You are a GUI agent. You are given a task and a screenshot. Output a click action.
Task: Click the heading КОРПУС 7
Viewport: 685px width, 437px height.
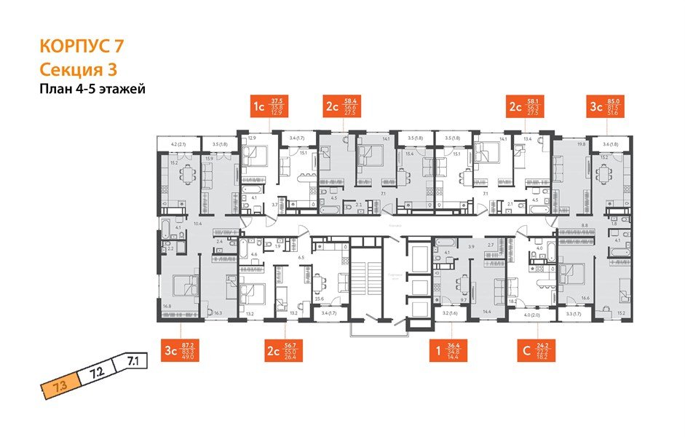pos(81,47)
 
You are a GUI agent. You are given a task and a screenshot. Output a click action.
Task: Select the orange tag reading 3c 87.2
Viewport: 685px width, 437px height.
pos(182,350)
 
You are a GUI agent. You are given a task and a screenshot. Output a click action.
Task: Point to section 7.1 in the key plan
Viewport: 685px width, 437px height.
pos(132,359)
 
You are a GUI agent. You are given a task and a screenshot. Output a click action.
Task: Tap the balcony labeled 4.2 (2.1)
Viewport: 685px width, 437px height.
pos(179,143)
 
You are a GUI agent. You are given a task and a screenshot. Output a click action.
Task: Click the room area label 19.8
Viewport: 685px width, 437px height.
pos(581,144)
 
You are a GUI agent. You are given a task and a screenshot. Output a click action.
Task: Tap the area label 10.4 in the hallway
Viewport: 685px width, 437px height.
pos(197,224)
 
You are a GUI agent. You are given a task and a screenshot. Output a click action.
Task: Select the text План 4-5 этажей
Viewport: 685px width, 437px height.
pos(92,90)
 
